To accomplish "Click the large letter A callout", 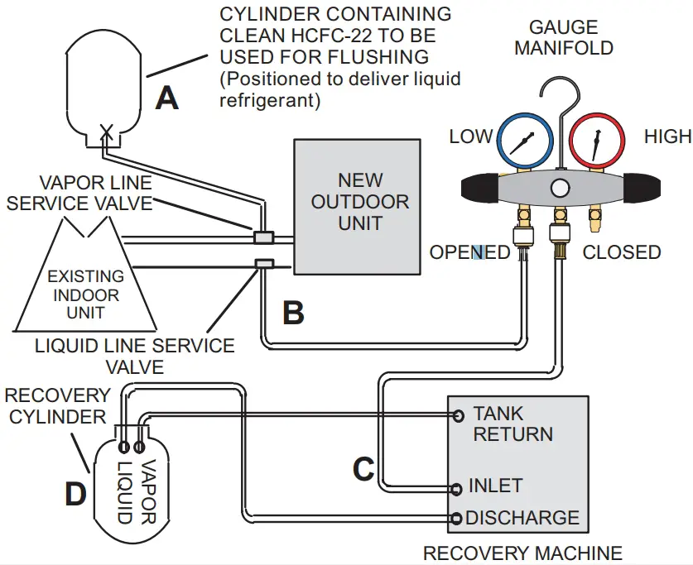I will (167, 98).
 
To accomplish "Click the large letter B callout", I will (293, 313).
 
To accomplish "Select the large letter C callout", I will (363, 469).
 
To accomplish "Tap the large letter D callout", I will (75, 494).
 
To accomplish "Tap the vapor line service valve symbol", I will (263, 237).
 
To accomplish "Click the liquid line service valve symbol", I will (263, 265).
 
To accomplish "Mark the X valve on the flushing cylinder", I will (106, 131).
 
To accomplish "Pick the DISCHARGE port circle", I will (456, 519).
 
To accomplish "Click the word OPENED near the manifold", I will (469, 252).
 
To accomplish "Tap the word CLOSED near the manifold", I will (621, 252).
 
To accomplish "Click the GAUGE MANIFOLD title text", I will (563, 36).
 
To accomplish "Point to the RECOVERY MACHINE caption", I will (522, 553).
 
